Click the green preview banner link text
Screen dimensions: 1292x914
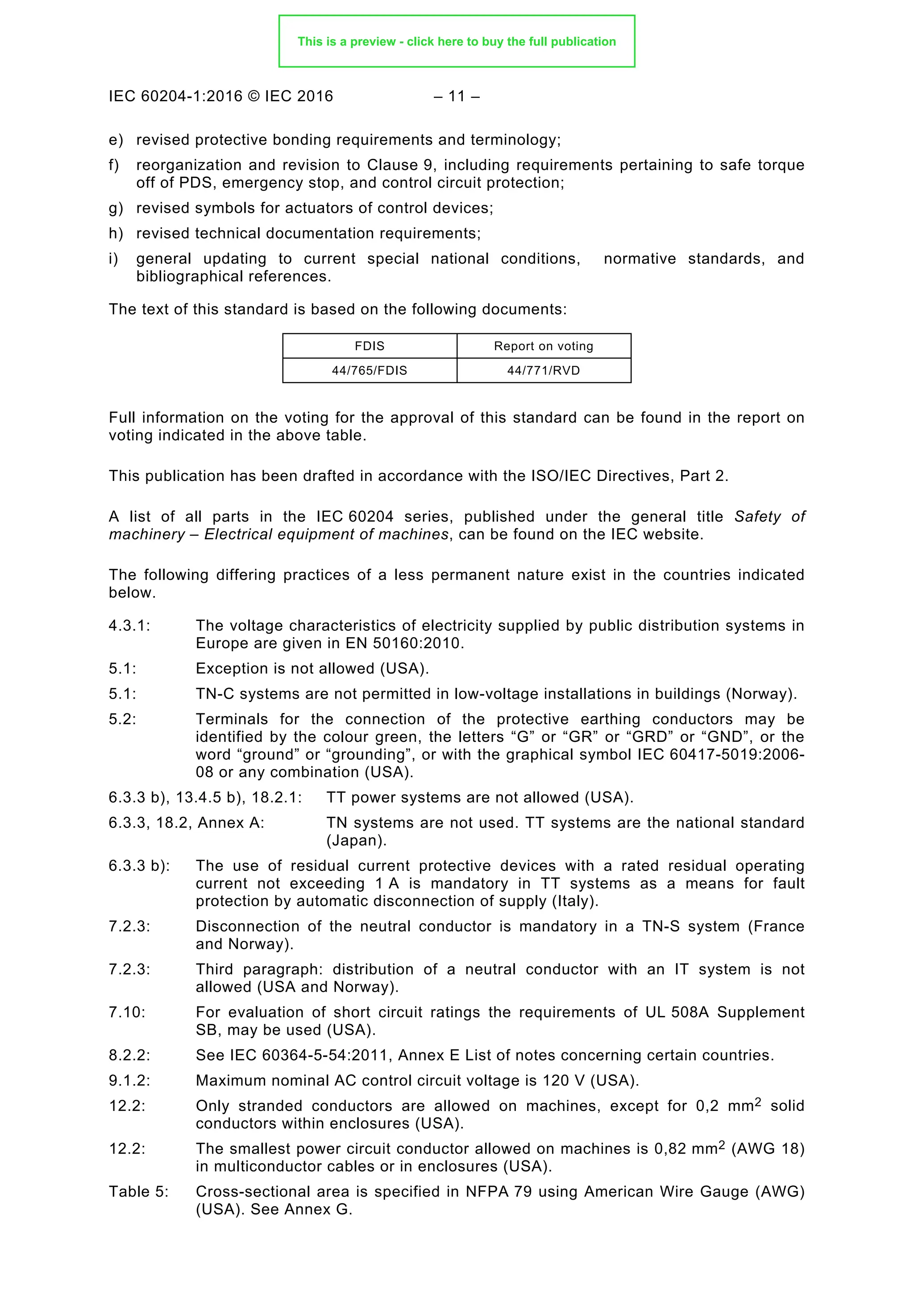pyautogui.click(x=457, y=41)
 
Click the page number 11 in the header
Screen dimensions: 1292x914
pyautogui.click(x=457, y=96)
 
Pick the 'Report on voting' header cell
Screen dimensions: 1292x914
pyautogui.click(x=543, y=346)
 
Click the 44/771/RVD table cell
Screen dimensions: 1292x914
pyautogui.click(x=543, y=370)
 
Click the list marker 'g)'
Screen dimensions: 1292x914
pyautogui.click(x=116, y=208)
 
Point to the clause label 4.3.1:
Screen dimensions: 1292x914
pyautogui.click(x=129, y=626)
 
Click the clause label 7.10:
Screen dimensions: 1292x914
pyautogui.click(x=127, y=1012)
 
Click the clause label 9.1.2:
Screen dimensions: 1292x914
pyautogui.click(x=129, y=1081)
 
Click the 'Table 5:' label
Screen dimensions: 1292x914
pyautogui.click(x=138, y=1191)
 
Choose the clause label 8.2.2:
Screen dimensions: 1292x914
pyautogui.click(x=129, y=1055)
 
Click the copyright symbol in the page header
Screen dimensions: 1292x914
pyautogui.click(x=253, y=96)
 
